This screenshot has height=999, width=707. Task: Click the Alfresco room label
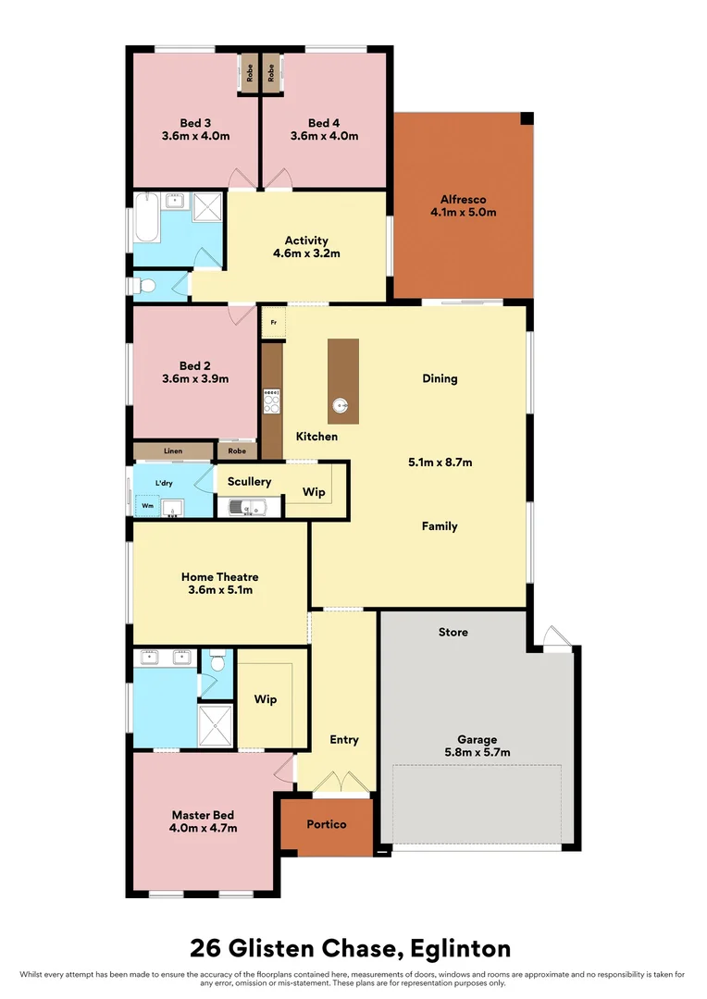(463, 199)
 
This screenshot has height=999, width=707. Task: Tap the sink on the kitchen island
(341, 405)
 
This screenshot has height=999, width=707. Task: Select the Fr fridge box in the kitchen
(273, 323)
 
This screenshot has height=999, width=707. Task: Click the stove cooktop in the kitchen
(272, 401)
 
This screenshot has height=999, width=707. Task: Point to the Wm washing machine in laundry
(147, 506)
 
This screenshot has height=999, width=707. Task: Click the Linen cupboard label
(173, 451)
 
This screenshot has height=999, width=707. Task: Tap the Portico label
(327, 823)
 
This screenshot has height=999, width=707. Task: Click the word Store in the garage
(453, 632)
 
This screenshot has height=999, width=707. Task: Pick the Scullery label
(249, 481)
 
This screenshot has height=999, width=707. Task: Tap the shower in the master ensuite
(217, 725)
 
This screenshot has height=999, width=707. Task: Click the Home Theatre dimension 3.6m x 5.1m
(220, 589)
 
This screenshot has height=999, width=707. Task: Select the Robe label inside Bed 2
(238, 451)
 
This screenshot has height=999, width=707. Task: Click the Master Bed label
(203, 815)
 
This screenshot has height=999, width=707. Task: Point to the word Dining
(440, 378)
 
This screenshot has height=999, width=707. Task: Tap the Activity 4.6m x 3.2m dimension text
(306, 253)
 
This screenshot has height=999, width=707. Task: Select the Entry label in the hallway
(344, 739)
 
